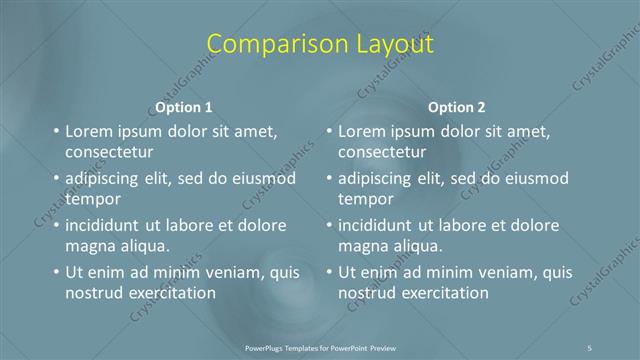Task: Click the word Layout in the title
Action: point(392,44)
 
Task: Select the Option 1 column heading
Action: point(184,107)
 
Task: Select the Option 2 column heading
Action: point(457,107)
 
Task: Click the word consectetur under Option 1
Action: point(109,153)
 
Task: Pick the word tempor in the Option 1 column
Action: point(93,199)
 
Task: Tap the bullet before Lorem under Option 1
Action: point(56,131)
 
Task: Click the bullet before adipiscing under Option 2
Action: point(329,178)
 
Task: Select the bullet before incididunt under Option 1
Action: point(56,225)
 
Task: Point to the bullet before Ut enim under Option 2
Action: point(329,272)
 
